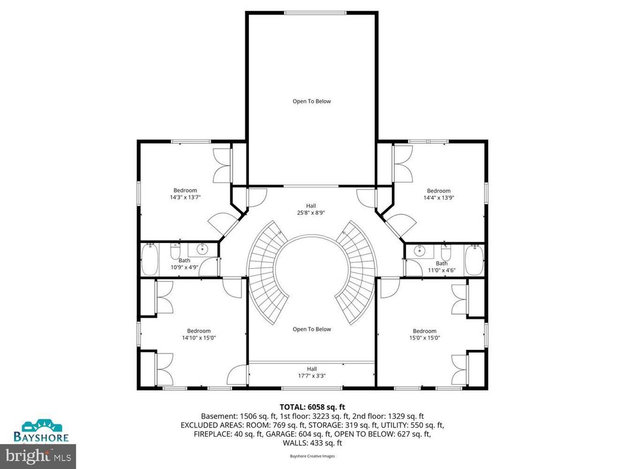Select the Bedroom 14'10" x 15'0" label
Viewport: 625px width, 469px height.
click(x=198, y=334)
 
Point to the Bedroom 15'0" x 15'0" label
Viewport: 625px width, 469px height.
click(x=424, y=334)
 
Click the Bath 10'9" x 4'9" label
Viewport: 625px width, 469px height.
click(x=184, y=264)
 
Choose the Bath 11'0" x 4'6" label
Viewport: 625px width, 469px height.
click(x=441, y=266)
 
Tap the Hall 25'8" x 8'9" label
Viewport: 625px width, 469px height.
click(x=311, y=209)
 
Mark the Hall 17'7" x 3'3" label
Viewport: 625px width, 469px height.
click(x=311, y=372)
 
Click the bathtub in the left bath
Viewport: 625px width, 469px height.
click(x=151, y=260)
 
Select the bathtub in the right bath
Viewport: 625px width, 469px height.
click(x=474, y=260)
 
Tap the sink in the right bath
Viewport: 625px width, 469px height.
click(x=419, y=249)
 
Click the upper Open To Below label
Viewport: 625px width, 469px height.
click(x=311, y=101)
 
